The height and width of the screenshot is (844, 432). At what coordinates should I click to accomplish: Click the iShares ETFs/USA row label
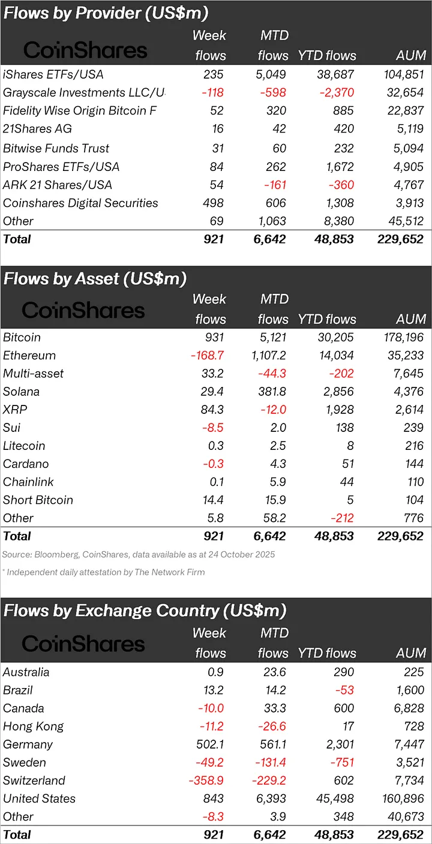(x=53, y=74)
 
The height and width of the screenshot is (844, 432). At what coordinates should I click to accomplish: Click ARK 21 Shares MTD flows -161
(x=272, y=185)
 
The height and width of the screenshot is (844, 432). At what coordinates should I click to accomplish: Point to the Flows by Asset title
(x=95, y=279)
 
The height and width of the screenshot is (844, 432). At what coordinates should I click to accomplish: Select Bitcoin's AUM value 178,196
(x=401, y=338)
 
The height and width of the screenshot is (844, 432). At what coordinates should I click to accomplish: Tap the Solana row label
(x=21, y=392)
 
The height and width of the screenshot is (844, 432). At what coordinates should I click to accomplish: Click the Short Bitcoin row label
(x=38, y=500)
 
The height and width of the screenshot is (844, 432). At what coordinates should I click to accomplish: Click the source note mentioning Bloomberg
(x=138, y=554)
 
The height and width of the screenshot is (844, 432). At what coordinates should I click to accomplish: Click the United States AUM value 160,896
(x=401, y=798)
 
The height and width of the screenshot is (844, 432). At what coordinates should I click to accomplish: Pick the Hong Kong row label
(x=33, y=726)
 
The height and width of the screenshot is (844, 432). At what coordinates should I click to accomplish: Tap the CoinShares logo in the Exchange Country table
(x=83, y=644)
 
